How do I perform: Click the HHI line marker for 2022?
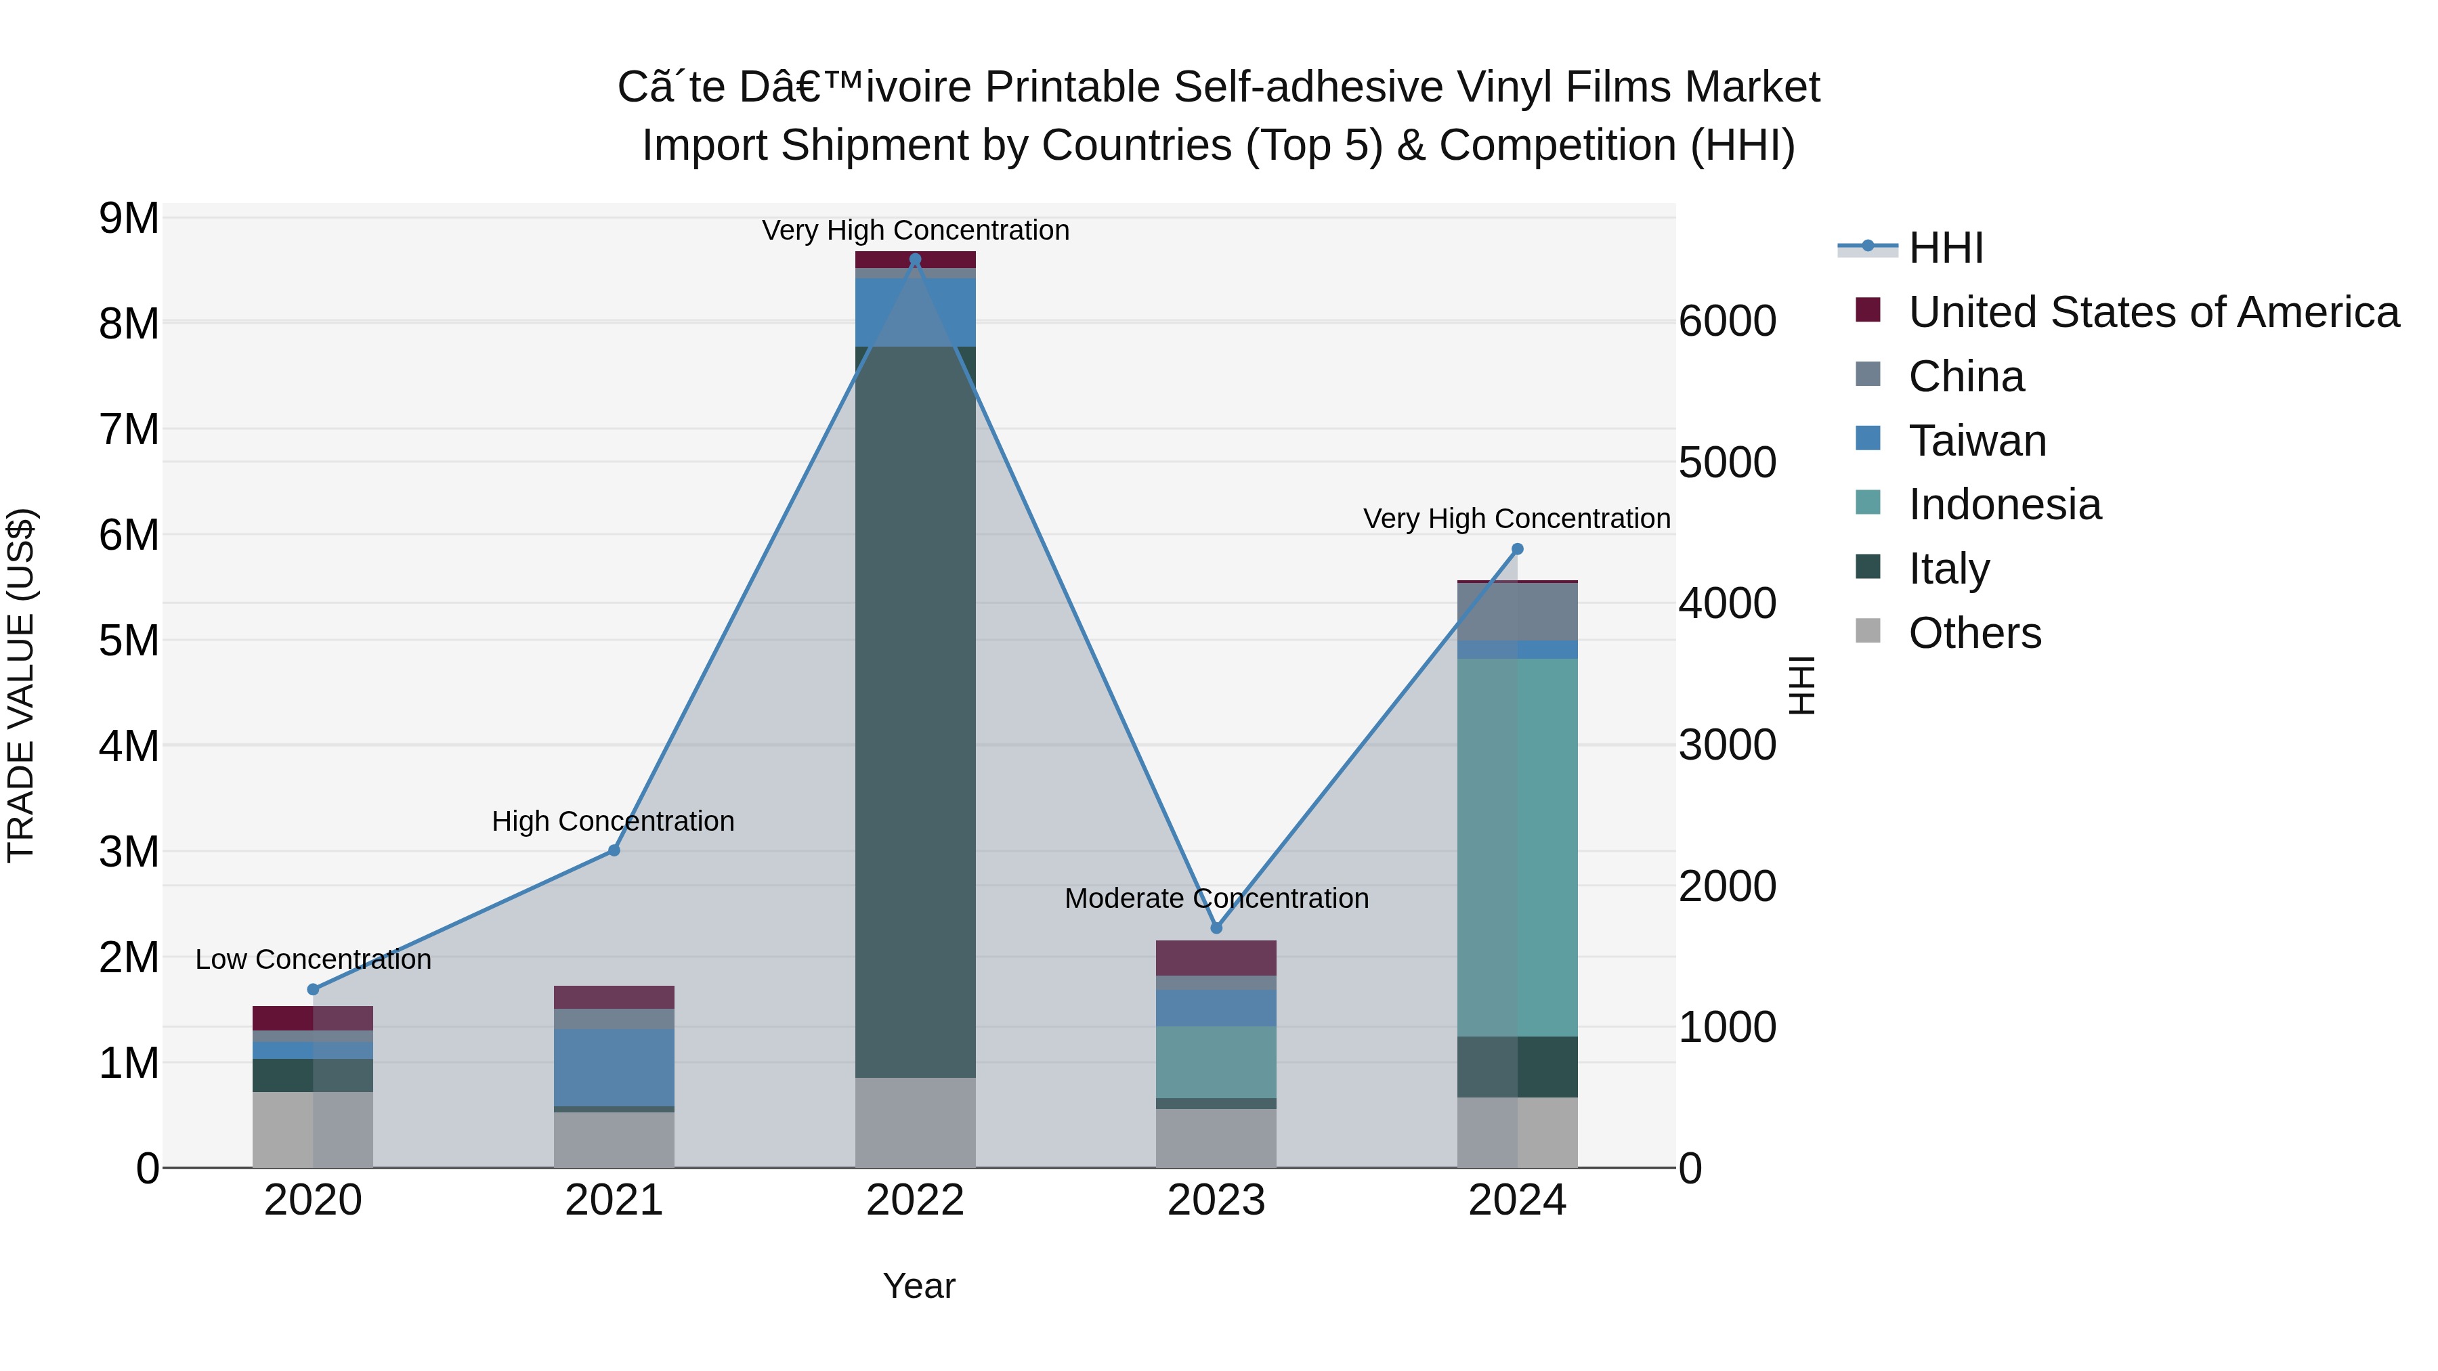click(914, 259)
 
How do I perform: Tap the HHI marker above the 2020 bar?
click(314, 990)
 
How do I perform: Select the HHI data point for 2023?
click(1216, 928)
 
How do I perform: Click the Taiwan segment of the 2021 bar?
click(614, 1067)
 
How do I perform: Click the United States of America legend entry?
click(2153, 312)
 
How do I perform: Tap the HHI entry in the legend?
click(1945, 248)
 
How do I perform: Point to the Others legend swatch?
click(1868, 631)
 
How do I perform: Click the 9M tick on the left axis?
click(129, 219)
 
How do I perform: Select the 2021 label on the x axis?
click(614, 1200)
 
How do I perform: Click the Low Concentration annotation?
click(314, 959)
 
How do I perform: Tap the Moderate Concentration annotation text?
click(1216, 898)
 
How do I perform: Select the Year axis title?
click(918, 1286)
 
